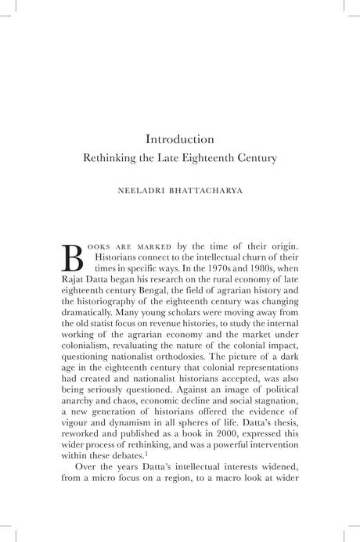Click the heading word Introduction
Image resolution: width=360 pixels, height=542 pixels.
click(x=180, y=139)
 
